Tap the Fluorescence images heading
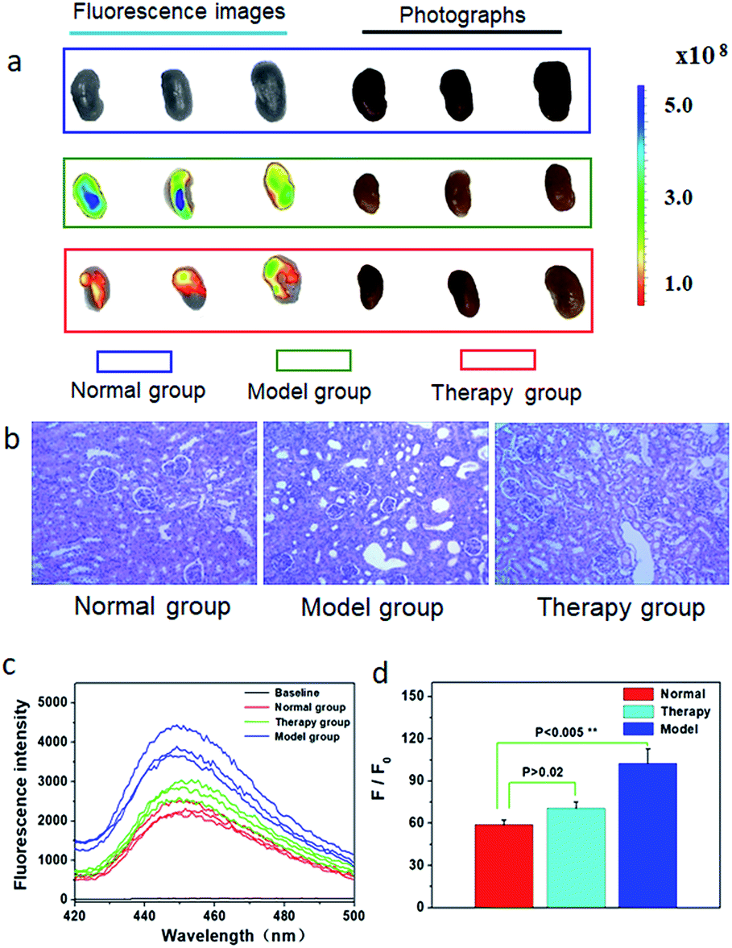coord(178,13)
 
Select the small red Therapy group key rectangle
coord(497,360)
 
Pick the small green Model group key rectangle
coord(313,360)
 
